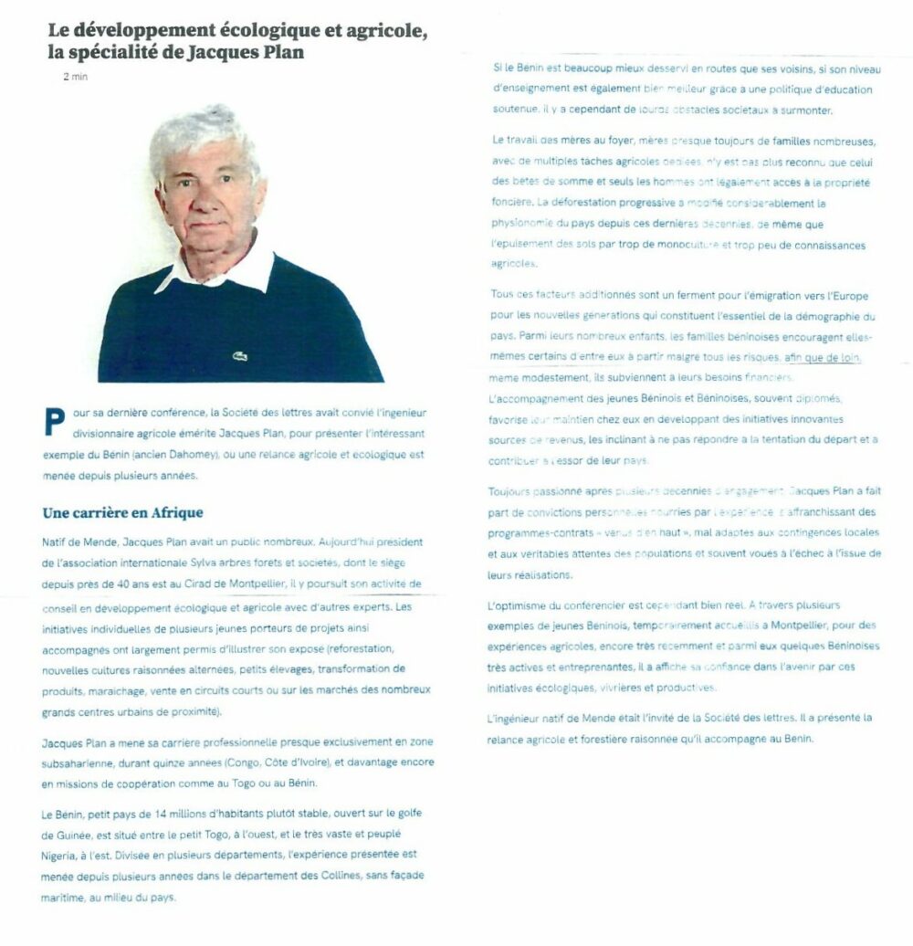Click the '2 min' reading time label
point(75,77)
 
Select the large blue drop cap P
point(54,422)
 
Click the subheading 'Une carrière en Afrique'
point(122,512)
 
